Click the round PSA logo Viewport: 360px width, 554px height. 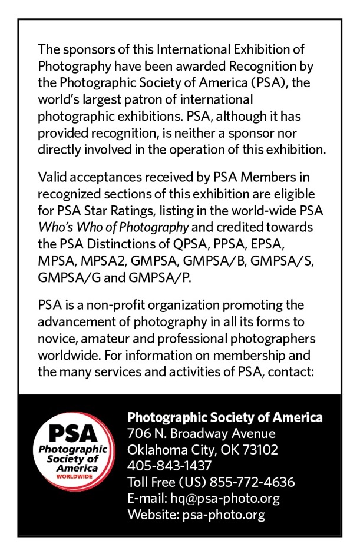tap(74, 450)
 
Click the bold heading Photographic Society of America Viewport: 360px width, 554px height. tap(225, 417)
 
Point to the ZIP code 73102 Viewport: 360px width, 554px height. tap(258, 450)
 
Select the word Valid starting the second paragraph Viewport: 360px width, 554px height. tap(51, 177)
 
